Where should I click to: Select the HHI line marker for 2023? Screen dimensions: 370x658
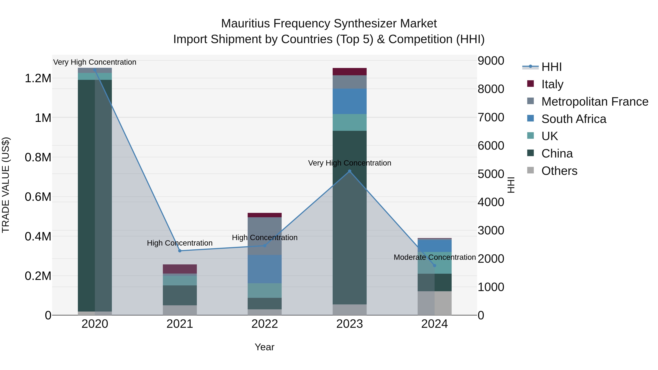click(x=350, y=171)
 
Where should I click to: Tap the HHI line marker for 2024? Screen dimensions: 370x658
click(x=434, y=265)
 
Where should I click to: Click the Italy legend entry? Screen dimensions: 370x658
click(x=552, y=84)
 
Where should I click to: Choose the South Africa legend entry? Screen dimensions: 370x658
click(x=574, y=119)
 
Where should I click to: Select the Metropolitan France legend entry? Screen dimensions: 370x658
click(x=595, y=101)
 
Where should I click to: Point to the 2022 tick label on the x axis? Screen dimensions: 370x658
click(x=265, y=324)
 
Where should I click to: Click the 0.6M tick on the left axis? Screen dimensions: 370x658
click(x=38, y=197)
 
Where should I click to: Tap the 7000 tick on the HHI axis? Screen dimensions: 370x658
click(x=491, y=117)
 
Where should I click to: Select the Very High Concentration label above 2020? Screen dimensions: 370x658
click(x=95, y=62)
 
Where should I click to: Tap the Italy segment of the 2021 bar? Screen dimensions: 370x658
click(x=180, y=269)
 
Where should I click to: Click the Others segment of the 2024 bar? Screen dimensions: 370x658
click(x=434, y=303)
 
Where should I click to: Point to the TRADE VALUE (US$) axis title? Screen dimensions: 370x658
click(x=6, y=185)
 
